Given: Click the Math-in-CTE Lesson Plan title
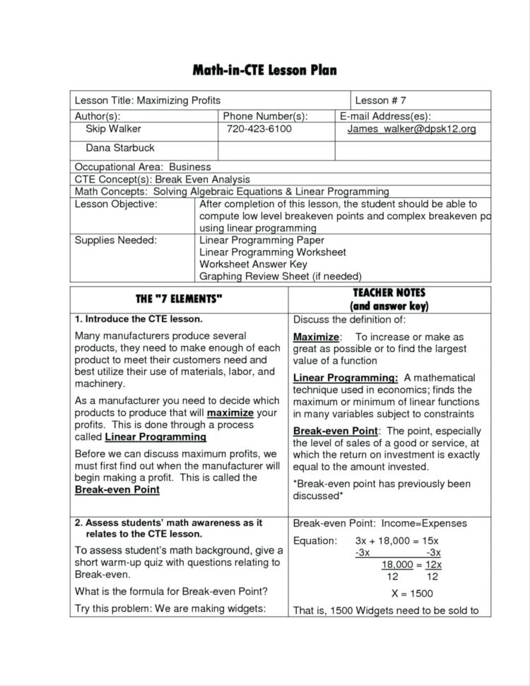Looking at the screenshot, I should click(265, 70).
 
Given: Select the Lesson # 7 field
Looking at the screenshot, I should click(380, 100).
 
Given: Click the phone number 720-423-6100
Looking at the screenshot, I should click(259, 129).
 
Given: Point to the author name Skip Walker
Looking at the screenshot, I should click(113, 129).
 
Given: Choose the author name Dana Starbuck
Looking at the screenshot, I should click(119, 148).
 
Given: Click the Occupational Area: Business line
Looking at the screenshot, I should click(139, 167).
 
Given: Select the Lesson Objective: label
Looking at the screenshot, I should click(116, 204).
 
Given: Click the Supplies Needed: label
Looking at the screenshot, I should click(116, 240).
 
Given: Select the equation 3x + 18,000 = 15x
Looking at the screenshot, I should click(396, 540).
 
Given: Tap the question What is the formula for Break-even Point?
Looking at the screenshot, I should click(170, 591).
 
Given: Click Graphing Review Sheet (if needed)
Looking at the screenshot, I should click(281, 277).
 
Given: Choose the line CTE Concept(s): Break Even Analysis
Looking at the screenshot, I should click(163, 180).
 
